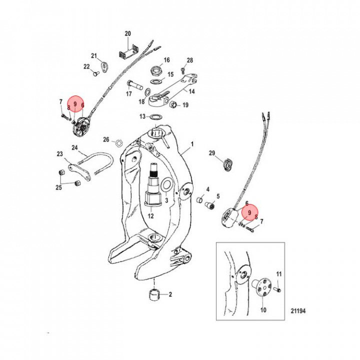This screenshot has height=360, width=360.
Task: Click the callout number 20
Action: (x=127, y=33)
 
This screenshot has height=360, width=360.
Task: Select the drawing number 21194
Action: (x=297, y=310)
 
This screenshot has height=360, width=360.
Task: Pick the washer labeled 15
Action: (x=156, y=80)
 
